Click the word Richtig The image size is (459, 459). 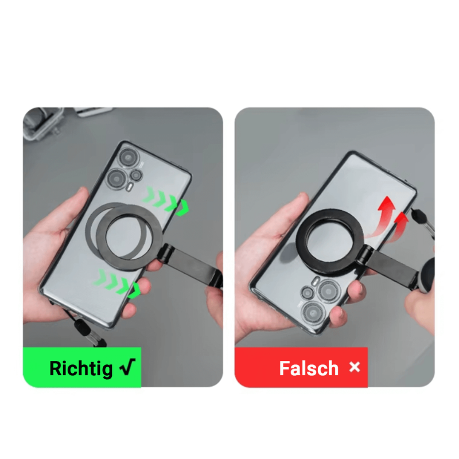pos(81,368)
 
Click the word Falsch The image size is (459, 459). pos(309,368)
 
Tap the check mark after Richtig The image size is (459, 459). pos(127,367)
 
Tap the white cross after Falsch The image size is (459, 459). pos(355,367)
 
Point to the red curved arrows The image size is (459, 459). pos(386,217)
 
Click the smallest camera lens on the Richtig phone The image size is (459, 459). pos(136,176)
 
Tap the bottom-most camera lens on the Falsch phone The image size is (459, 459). pos(314,313)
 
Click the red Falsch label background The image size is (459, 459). pos(301,367)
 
